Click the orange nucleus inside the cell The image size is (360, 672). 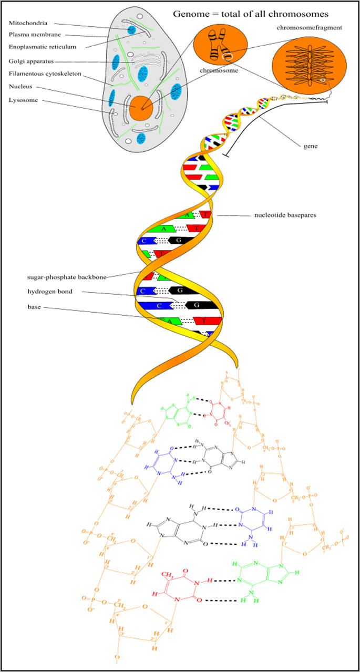pos(141,107)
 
